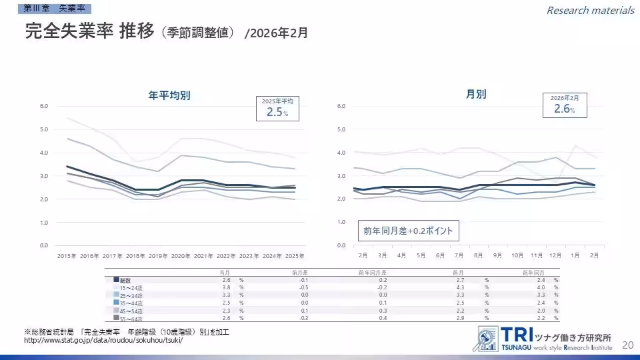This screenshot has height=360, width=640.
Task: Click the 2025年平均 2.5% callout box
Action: pyautogui.click(x=277, y=108)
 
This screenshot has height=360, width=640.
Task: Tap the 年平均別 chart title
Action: pyautogui.click(x=169, y=95)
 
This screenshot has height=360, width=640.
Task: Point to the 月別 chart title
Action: pyautogui.click(x=476, y=95)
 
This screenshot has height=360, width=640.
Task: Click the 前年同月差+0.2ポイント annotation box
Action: pyautogui.click(x=408, y=231)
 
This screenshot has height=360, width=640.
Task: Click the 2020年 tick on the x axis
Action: pyautogui.click(x=181, y=255)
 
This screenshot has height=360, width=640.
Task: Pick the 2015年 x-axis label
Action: pyautogui.click(x=67, y=255)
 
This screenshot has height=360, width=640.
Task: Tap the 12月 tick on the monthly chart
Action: pyautogui.click(x=555, y=255)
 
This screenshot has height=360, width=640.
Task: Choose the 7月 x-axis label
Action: pyautogui.click(x=459, y=255)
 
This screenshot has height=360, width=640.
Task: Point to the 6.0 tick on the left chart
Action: pyautogui.click(x=43, y=106)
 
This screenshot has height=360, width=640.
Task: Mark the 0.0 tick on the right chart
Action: pyautogui.click(x=341, y=245)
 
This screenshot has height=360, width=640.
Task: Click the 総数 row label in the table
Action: pyautogui.click(x=125, y=280)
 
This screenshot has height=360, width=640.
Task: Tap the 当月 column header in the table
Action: pyautogui.click(x=225, y=272)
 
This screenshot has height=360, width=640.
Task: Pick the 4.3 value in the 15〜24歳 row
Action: pyautogui.click(x=459, y=287)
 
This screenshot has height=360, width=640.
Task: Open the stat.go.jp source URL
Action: pyautogui.click(x=103, y=341)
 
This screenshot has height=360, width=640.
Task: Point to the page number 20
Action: pyautogui.click(x=627, y=345)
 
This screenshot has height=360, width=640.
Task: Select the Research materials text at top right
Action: pyautogui.click(x=590, y=10)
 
